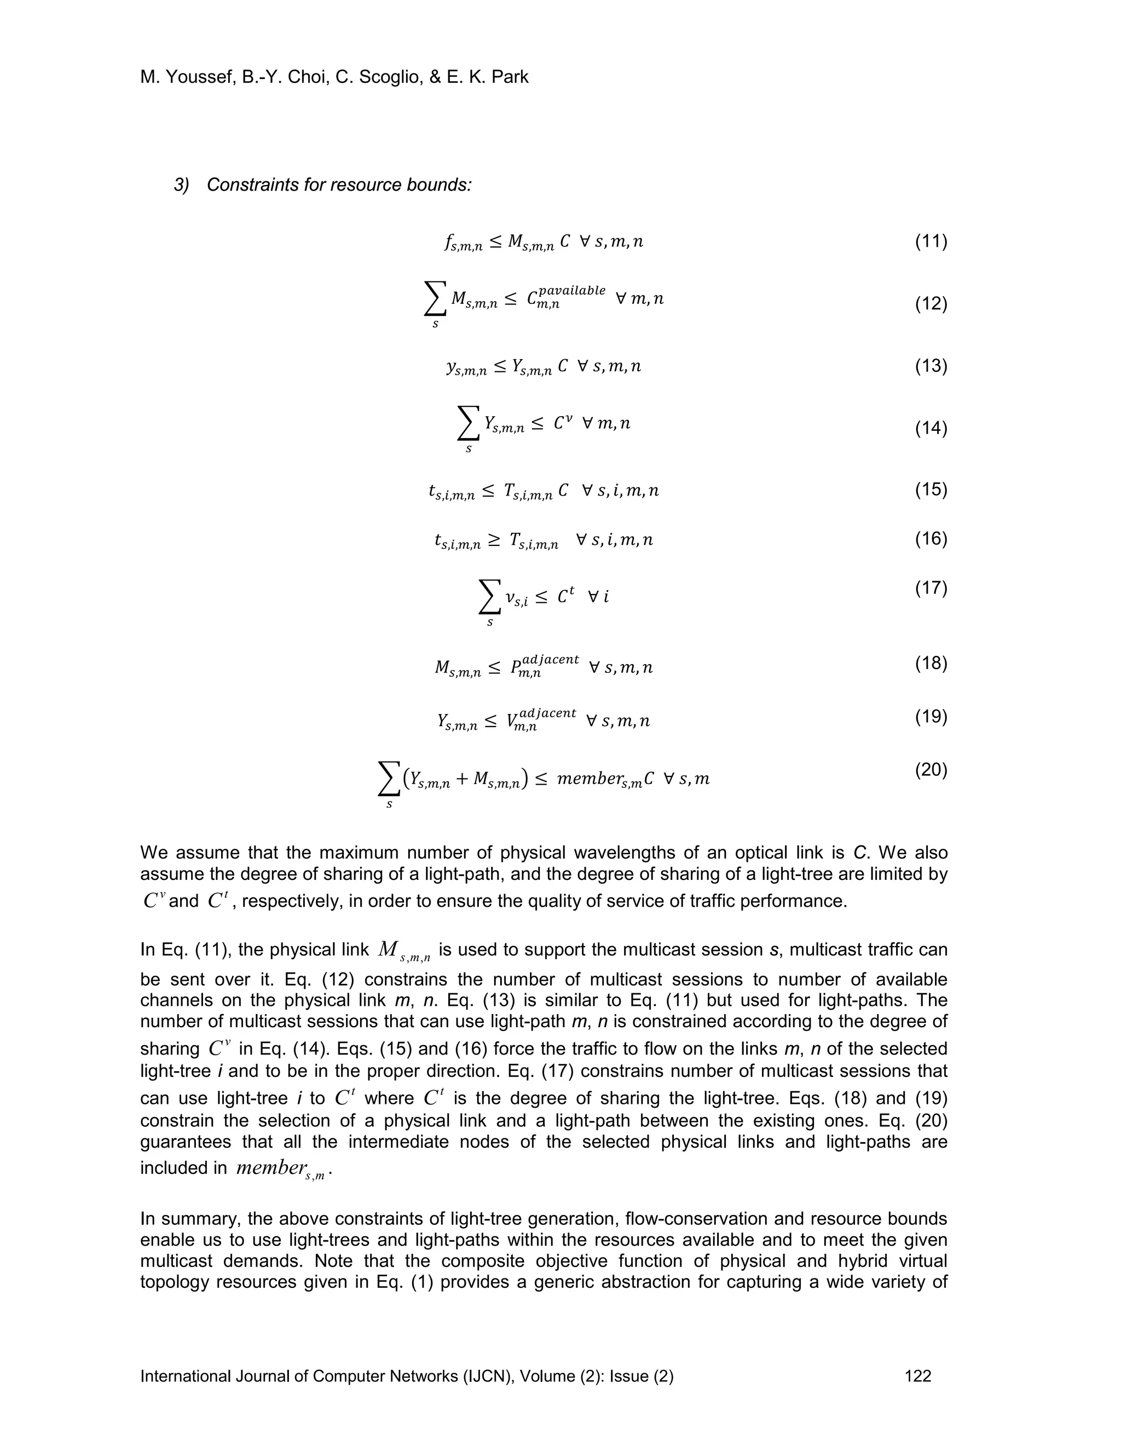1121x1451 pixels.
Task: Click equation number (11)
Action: click(931, 241)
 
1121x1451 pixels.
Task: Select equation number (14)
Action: click(931, 429)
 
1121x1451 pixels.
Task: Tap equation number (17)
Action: click(931, 588)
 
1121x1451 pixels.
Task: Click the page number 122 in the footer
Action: click(918, 1376)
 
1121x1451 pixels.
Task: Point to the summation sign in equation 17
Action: click(489, 597)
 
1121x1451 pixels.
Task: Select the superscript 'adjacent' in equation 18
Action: click(551, 659)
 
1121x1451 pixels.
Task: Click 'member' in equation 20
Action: click(590, 779)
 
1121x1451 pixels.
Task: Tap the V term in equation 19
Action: click(512, 722)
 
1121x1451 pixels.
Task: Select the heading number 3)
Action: click(181, 185)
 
